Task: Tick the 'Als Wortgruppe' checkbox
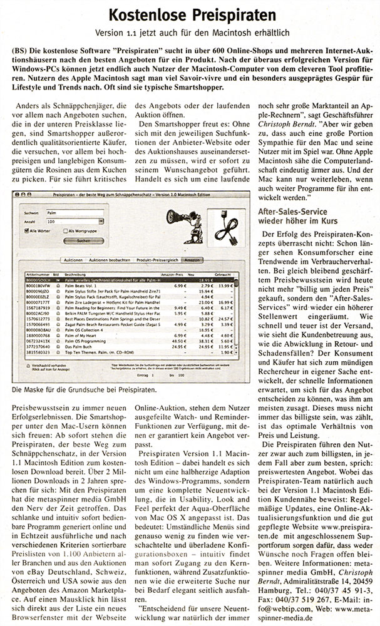click(64, 232)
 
